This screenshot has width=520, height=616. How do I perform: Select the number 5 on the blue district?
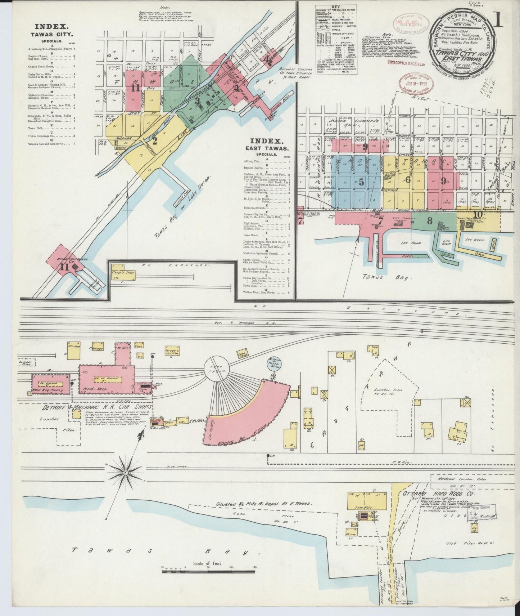361,182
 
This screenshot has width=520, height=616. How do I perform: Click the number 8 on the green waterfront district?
429,221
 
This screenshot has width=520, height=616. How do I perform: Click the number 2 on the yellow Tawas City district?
155,141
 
